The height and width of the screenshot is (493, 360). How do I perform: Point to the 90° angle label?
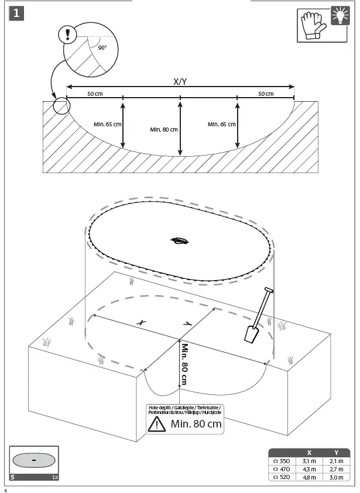click(102, 48)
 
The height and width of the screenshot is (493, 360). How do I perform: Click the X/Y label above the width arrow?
click(180, 82)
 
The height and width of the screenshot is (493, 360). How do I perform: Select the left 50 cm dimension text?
click(95, 94)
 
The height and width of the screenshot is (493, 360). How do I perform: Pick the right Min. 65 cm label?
click(222, 124)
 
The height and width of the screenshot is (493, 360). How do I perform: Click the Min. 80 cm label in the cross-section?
click(164, 129)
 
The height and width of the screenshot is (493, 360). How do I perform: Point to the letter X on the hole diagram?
click(141, 322)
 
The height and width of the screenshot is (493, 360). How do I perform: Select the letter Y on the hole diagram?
click(187, 323)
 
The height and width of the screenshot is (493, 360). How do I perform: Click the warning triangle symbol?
click(156, 424)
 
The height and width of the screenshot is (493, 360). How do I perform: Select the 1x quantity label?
click(54, 478)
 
